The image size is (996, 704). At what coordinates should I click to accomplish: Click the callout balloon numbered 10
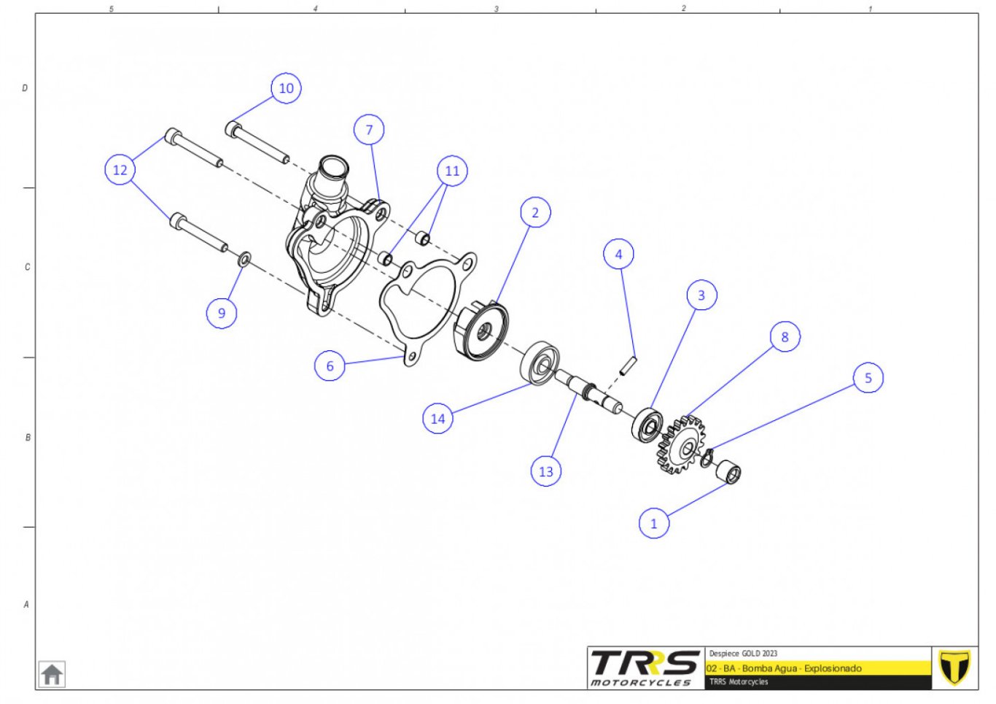tap(286, 88)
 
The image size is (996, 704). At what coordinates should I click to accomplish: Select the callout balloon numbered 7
tap(369, 130)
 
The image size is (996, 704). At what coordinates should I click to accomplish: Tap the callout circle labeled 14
tap(437, 418)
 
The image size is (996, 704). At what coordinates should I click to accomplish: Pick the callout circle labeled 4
tap(618, 254)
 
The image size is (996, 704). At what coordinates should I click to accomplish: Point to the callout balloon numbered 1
tap(653, 523)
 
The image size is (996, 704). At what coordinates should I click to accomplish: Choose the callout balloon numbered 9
tap(222, 313)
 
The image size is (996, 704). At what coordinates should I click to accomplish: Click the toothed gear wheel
tap(681, 445)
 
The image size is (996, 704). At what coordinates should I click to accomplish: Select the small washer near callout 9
tap(245, 258)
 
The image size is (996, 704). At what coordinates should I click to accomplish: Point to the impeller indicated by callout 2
tap(481, 330)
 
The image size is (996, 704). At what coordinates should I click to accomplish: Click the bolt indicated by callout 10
tap(257, 142)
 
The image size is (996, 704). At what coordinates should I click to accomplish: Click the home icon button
tap(52, 674)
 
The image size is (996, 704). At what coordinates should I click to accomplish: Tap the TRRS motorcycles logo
tap(645, 668)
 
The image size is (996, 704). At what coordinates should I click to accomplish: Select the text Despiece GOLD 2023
tap(743, 653)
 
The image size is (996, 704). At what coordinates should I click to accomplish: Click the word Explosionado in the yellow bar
tap(833, 668)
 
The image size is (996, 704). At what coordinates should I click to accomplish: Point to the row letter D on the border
tap(25, 88)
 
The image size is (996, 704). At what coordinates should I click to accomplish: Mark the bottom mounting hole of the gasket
tap(412, 356)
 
